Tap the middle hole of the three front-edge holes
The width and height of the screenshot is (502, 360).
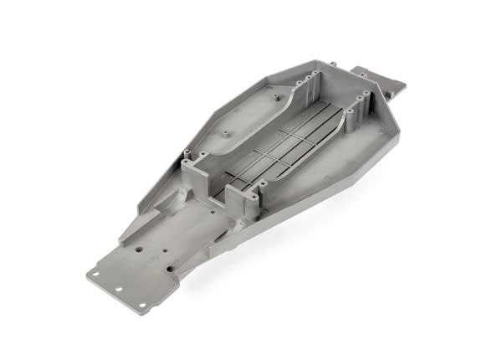tap(116, 284)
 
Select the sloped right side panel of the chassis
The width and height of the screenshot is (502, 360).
tap(335, 180)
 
